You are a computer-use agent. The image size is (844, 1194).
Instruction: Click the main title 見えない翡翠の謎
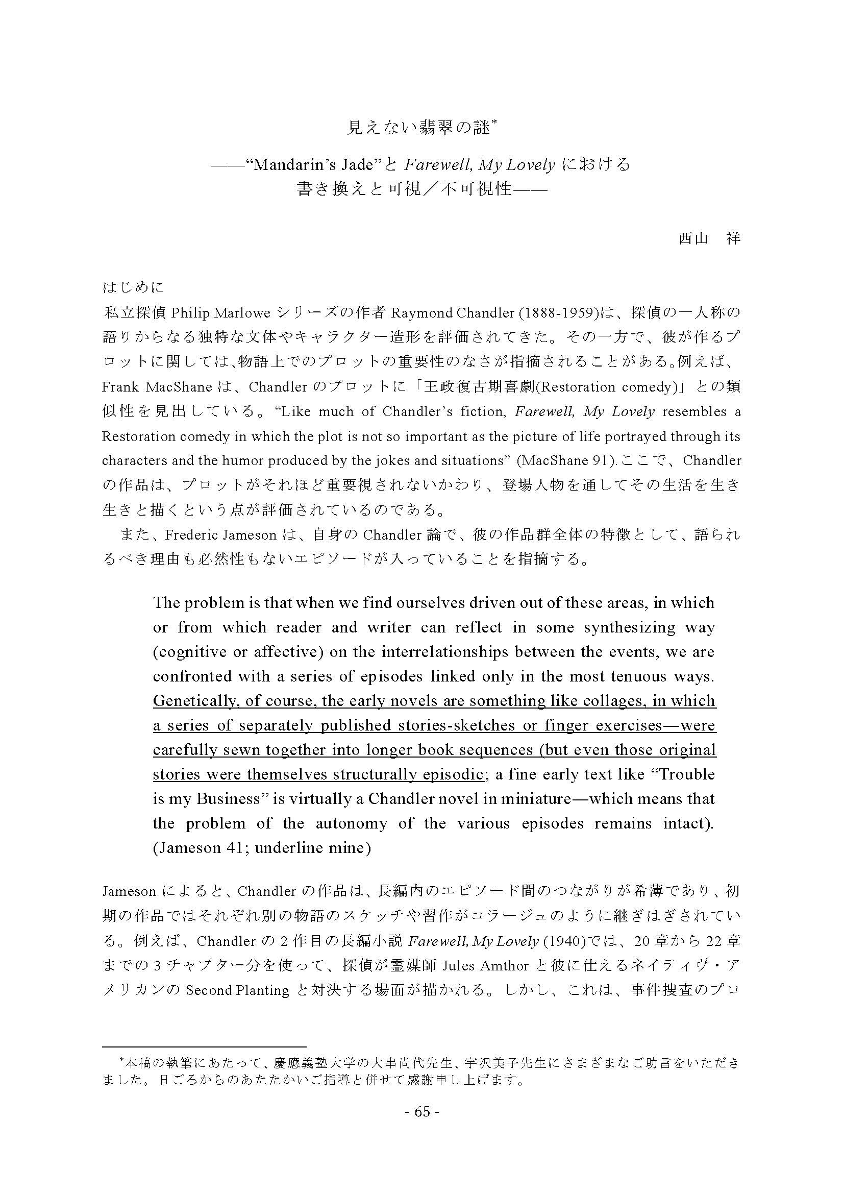[419, 128]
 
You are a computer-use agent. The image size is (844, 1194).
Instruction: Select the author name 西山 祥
[709, 239]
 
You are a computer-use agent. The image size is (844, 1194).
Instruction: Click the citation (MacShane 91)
[564, 461]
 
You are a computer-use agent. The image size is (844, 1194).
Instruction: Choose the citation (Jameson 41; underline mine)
[262, 848]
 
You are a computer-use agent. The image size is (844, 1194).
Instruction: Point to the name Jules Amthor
[485, 966]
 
